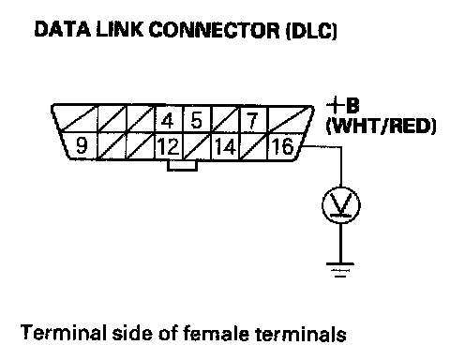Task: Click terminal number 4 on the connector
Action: coord(168,121)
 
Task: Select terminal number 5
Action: coord(196,121)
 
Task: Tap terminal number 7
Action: coord(251,121)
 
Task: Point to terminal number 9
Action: coord(82,145)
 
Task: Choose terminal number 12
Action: coord(168,146)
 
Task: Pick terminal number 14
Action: coord(225,146)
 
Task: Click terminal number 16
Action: coord(282,146)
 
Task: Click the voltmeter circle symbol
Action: coord(341,205)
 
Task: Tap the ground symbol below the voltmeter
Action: coord(340,270)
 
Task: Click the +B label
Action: coord(343,106)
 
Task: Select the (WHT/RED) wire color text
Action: coord(381,127)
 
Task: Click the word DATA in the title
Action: coord(63,30)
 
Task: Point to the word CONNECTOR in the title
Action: coord(214,30)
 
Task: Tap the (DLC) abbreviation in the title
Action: coord(311,31)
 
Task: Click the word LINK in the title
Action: coord(120,30)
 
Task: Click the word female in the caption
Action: coord(216,333)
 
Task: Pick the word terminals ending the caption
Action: coord(301,334)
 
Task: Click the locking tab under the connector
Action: coord(182,166)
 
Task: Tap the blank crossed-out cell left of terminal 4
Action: coord(141,119)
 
